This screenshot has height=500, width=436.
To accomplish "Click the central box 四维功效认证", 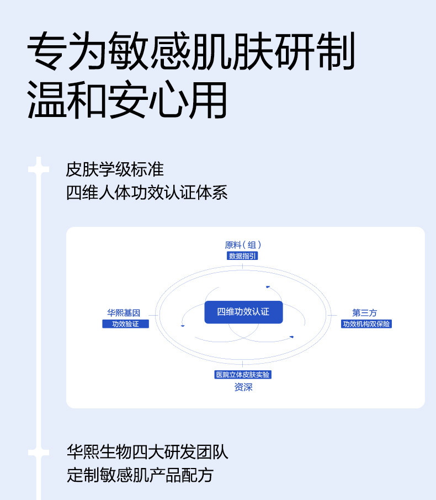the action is click(x=243, y=312).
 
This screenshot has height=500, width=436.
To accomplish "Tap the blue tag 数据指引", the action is click(x=242, y=256).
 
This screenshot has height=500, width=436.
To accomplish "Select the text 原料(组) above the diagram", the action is click(x=243, y=245).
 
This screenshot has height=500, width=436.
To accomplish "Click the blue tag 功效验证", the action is click(x=125, y=324).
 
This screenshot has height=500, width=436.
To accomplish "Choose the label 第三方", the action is click(x=365, y=313).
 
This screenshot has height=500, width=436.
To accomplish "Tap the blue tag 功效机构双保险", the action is click(x=366, y=324).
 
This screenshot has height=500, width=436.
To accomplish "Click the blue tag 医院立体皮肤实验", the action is click(x=243, y=375).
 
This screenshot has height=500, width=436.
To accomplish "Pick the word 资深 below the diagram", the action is click(x=243, y=387).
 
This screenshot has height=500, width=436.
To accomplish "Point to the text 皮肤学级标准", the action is click(x=115, y=168).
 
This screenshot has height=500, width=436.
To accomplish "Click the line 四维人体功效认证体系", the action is click(x=147, y=193).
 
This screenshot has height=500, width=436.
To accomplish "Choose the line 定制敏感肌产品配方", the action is click(x=140, y=476).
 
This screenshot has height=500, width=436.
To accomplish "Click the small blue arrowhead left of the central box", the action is click(x=182, y=325).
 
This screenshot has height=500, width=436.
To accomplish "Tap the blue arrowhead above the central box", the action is click(x=268, y=286).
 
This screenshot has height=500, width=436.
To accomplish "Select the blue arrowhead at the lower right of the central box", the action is click(x=291, y=337).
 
